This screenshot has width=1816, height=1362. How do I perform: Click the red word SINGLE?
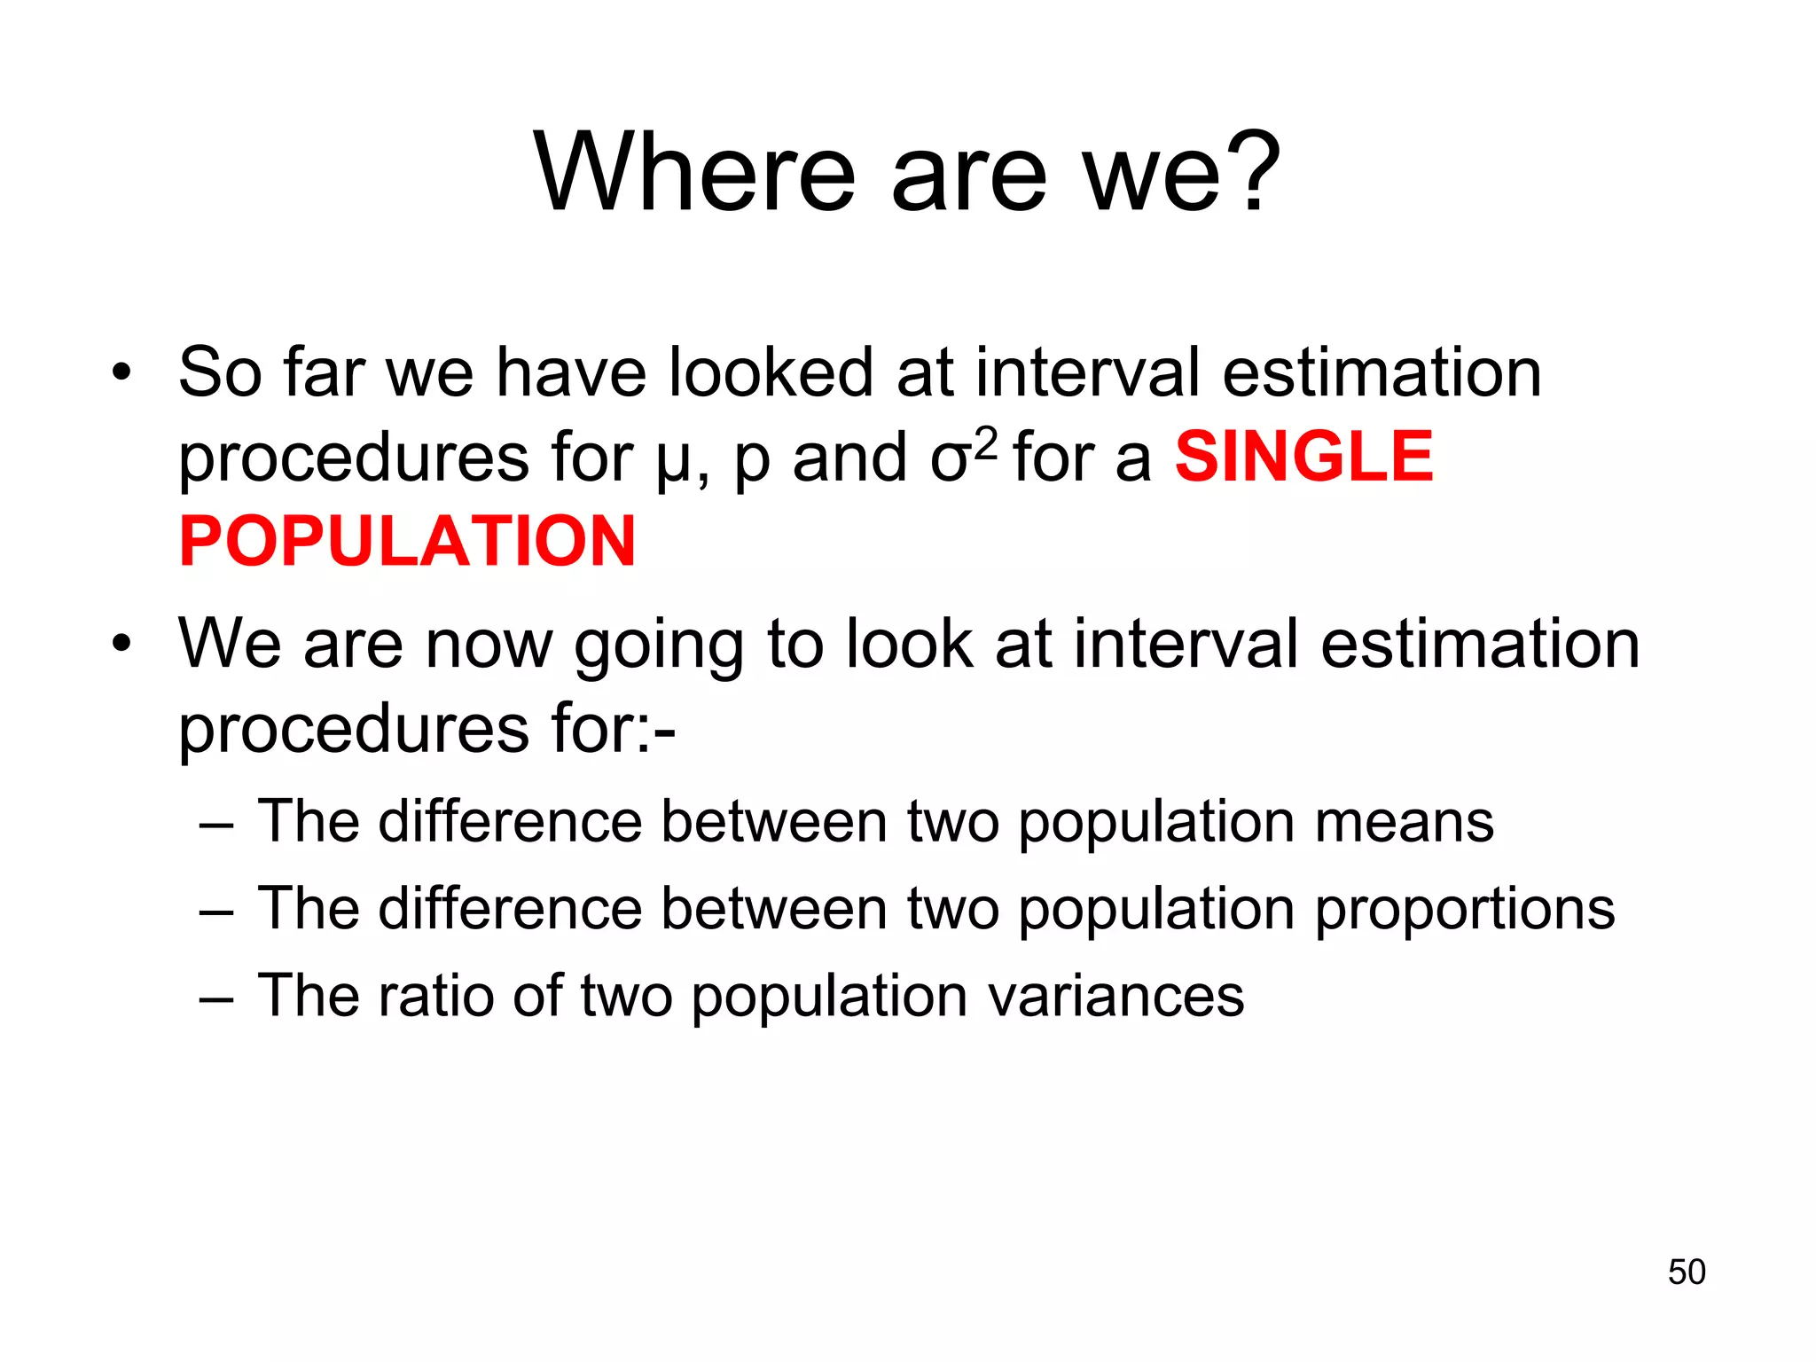(1303, 458)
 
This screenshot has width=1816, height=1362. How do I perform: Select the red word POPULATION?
(407, 542)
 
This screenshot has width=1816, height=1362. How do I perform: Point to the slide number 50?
(1686, 1272)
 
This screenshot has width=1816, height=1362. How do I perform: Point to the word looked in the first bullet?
(771, 372)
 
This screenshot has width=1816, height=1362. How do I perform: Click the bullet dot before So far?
(121, 373)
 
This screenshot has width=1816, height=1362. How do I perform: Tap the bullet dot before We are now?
(121, 645)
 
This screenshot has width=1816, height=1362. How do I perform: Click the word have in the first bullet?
(571, 372)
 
